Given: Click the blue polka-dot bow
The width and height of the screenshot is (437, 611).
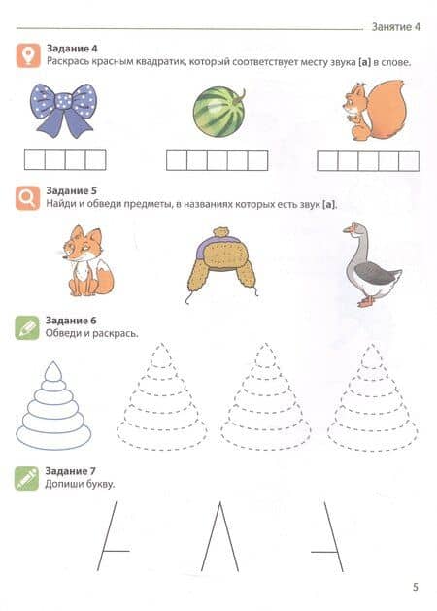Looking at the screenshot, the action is (63, 109).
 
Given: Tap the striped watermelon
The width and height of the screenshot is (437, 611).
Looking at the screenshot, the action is (219, 112).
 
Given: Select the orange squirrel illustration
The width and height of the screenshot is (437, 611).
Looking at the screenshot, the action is (374, 110).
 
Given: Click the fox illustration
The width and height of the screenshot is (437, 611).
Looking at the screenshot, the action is (87, 261).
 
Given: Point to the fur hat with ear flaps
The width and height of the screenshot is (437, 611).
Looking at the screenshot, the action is (222, 263).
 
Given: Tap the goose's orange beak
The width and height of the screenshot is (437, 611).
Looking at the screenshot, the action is (347, 230).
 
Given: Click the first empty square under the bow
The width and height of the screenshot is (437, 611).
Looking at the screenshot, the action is (35, 159).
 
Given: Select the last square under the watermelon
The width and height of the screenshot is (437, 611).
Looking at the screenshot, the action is (258, 160).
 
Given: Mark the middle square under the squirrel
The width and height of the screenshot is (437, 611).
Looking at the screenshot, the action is (368, 160).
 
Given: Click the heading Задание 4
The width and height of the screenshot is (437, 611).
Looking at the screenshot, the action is (72, 49).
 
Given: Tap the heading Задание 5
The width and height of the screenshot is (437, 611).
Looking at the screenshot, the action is (71, 190).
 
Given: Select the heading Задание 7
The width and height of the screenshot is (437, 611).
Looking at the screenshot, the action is (70, 471).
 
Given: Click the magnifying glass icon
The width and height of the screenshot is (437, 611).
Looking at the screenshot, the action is (27, 198).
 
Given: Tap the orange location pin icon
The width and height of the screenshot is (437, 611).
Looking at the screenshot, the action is (28, 55).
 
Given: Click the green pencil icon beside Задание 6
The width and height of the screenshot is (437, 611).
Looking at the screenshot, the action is (27, 327).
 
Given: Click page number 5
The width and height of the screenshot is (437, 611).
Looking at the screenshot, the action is (416, 587).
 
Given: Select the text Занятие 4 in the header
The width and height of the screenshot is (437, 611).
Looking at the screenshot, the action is (395, 27).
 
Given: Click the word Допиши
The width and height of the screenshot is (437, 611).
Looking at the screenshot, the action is (62, 484).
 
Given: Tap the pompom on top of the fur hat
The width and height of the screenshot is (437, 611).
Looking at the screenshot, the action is (220, 232).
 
